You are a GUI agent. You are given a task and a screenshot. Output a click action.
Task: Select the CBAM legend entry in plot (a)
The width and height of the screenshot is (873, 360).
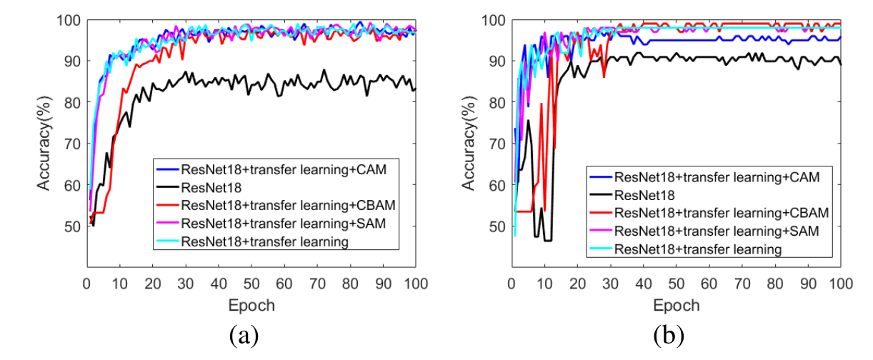(279, 204)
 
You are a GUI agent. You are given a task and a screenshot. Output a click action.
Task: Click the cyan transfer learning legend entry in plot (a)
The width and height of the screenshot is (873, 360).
(265, 241)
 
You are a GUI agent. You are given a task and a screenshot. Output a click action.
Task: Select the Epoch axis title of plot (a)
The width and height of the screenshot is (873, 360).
(251, 306)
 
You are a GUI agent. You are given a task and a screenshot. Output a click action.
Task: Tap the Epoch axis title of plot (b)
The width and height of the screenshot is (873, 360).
(676, 306)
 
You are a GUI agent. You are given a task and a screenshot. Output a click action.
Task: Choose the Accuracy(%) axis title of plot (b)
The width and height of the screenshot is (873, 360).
(469, 143)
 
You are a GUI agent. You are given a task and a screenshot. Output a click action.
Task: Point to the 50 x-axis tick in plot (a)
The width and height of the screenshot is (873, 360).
(251, 284)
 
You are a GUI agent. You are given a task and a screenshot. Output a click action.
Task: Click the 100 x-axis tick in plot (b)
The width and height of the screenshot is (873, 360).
(840, 284)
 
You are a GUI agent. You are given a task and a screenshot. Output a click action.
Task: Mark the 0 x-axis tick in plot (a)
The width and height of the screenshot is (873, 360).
(86, 284)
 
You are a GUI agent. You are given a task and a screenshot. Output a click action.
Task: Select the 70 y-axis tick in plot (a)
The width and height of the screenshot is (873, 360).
(71, 144)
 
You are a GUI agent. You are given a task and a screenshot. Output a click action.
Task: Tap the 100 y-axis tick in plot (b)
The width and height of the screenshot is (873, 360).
(494, 19)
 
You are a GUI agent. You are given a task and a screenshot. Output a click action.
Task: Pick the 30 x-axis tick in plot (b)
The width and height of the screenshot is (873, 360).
(609, 284)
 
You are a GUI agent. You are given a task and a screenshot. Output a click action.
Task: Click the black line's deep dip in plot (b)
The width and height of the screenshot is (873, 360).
(548, 240)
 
